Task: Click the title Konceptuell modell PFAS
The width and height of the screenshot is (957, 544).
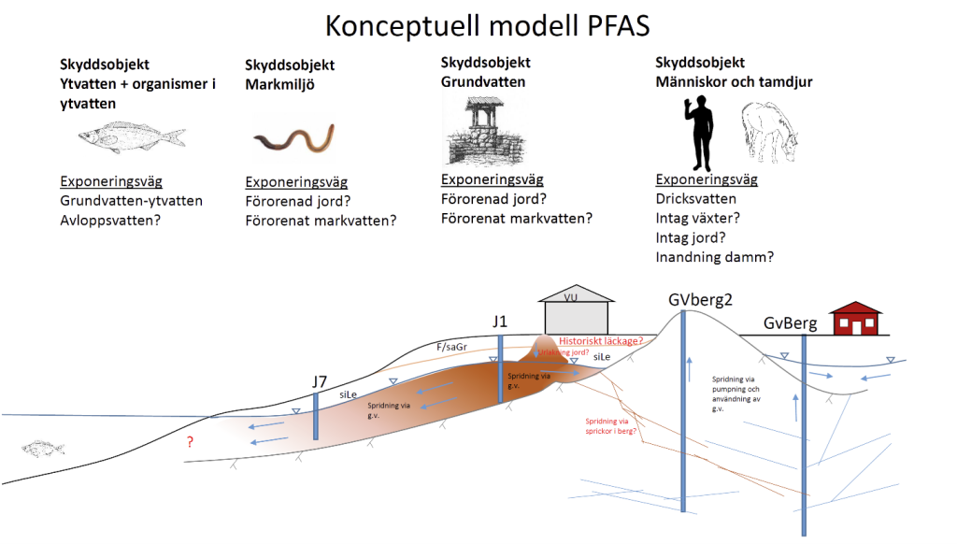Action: coord(479,25)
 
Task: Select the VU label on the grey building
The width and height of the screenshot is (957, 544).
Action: coord(576,297)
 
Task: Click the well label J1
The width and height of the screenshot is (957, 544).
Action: coord(501,322)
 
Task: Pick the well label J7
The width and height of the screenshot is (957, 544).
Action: coord(321,380)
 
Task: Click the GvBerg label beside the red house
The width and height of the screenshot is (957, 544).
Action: coord(791,324)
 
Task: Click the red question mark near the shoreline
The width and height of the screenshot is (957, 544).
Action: coord(191,442)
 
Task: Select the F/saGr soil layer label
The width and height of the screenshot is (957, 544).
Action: coord(451,348)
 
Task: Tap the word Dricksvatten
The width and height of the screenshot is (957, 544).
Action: coord(696,198)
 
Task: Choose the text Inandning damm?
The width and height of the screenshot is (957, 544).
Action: coord(715,257)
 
